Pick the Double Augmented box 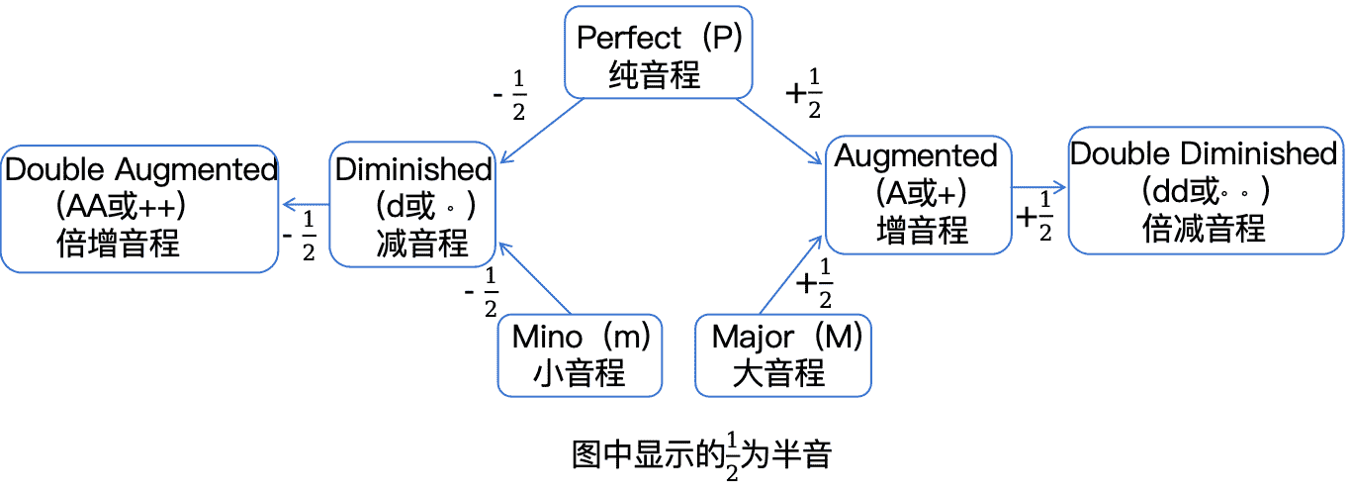pyautogui.click(x=139, y=208)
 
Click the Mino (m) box pyautogui.click(x=580, y=355)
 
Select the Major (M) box pyautogui.click(x=783, y=355)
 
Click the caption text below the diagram pyautogui.click(x=703, y=456)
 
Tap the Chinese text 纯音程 pyautogui.click(x=654, y=75)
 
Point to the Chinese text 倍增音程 pyautogui.click(x=119, y=243)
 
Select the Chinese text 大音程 pyautogui.click(x=779, y=373)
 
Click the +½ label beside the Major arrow pyautogui.click(x=815, y=285)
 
